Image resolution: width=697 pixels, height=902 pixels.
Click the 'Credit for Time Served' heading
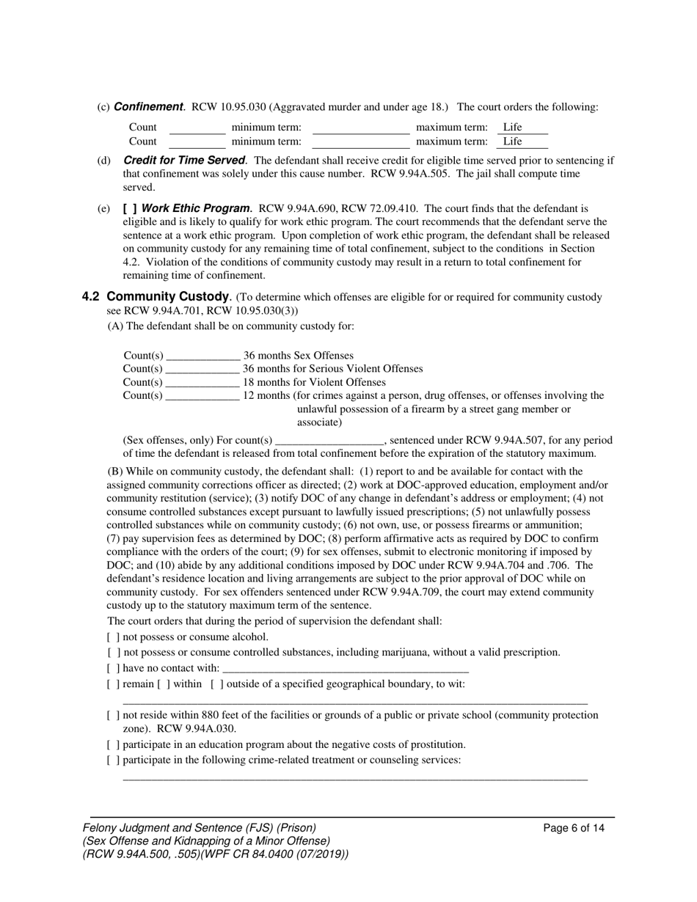(183, 161)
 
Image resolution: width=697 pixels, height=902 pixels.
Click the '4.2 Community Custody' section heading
(156, 297)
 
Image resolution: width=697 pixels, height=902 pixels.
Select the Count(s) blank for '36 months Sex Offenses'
(202, 356)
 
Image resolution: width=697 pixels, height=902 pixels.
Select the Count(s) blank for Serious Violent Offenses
(202, 369)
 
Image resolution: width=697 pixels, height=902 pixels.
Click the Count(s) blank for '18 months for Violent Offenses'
(202, 382)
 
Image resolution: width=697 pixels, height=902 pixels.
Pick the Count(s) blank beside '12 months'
(202, 395)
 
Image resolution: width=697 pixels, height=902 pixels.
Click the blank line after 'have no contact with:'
(345, 668)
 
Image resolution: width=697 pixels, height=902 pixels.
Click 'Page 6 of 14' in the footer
(574, 829)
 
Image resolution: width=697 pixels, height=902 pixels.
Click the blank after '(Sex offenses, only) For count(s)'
(329, 441)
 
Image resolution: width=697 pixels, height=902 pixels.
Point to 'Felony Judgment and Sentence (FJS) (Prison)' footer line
(200, 828)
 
